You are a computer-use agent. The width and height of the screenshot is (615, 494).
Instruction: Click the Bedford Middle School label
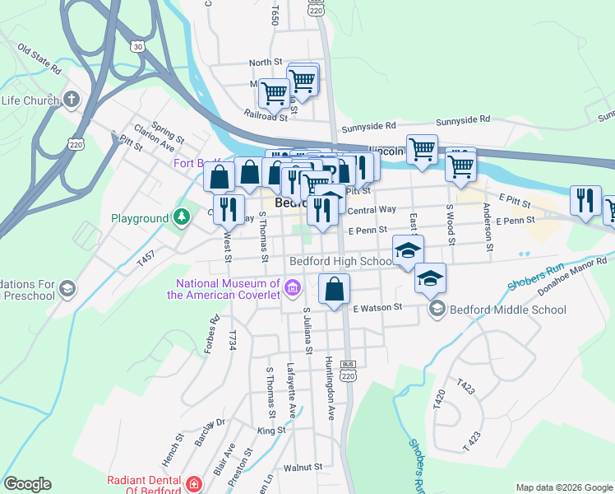[507, 310]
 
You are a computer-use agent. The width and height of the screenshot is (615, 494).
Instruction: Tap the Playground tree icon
[181, 218]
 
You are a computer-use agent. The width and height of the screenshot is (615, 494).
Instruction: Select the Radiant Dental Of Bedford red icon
[194, 484]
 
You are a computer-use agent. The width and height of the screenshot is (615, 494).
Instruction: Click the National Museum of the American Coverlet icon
[292, 287]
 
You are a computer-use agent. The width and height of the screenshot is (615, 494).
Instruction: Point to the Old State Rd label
[40, 59]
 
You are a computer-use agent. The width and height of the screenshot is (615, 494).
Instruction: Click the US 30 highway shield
[136, 48]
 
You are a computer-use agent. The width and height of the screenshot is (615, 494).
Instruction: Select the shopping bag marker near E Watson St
[334, 289]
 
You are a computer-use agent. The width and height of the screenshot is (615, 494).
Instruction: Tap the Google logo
[27, 484]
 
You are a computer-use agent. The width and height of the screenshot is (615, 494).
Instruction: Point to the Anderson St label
[488, 226]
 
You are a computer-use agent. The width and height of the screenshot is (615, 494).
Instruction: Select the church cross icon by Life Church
[71, 100]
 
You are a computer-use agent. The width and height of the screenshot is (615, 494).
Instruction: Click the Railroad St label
[266, 116]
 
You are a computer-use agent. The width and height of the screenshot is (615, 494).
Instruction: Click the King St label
[271, 431]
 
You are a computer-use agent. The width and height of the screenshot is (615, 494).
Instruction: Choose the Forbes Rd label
[215, 328]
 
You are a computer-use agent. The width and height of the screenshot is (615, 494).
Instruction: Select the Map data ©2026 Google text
[563, 487]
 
